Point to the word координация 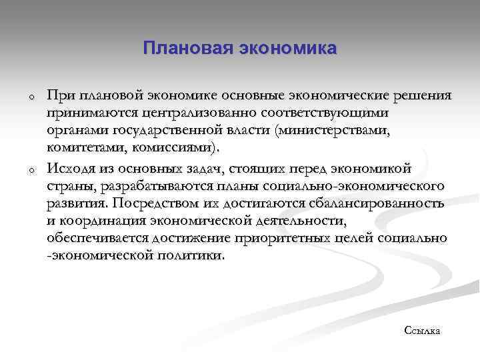pos(100,220)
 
